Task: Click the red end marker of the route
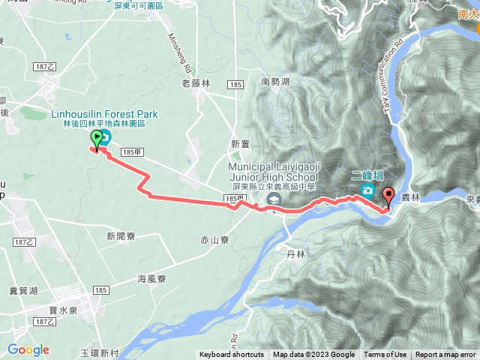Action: (x=388, y=196)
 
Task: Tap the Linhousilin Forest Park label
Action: (x=105, y=114)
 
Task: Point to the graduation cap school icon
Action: (x=274, y=199)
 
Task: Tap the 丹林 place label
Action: (x=296, y=254)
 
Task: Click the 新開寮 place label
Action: (x=120, y=235)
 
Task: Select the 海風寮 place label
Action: (x=151, y=278)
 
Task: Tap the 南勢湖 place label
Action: (x=275, y=82)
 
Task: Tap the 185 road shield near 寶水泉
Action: (x=102, y=289)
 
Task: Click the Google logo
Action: (x=28, y=349)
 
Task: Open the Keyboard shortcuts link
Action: (x=231, y=355)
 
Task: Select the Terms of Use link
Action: (x=385, y=355)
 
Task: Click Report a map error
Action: (x=445, y=355)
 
